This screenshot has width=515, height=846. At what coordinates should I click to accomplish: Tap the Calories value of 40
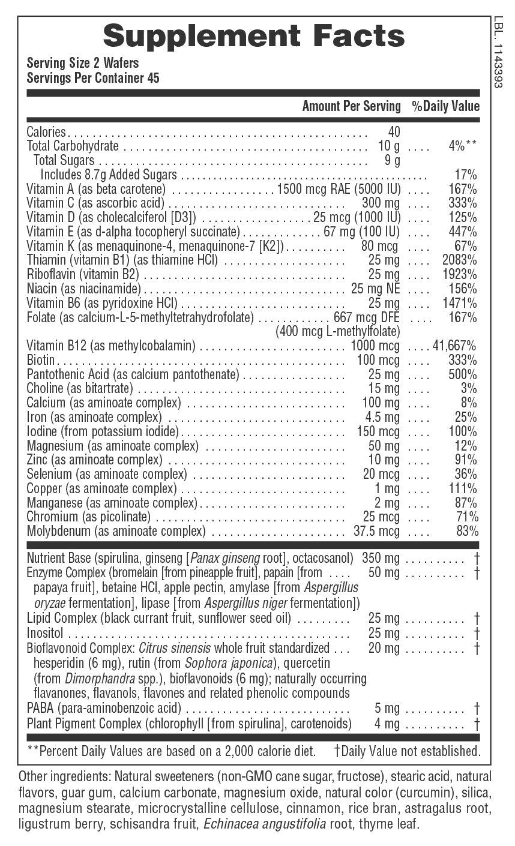pyautogui.click(x=394, y=131)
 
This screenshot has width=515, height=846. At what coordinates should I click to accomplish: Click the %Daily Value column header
pyautogui.click(x=445, y=106)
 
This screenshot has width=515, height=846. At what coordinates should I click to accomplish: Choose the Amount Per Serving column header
pyautogui.click(x=351, y=106)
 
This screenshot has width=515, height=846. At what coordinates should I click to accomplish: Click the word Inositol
pyautogui.click(x=44, y=632)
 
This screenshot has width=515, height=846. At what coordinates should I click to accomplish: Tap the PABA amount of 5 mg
pyautogui.click(x=387, y=709)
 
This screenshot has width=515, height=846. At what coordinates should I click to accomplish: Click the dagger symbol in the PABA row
pyautogui.click(x=476, y=709)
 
